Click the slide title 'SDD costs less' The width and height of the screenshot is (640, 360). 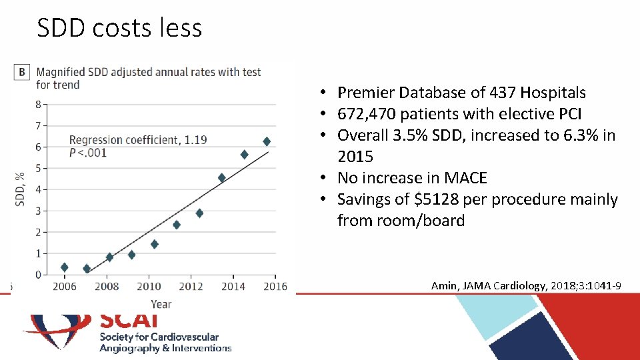point(119,28)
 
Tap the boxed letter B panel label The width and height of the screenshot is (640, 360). point(22,73)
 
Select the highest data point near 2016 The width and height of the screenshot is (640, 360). point(267,141)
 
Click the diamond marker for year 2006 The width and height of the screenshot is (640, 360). point(64,267)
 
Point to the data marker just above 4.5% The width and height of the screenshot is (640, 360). point(222,178)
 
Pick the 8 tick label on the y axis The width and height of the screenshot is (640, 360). point(39,104)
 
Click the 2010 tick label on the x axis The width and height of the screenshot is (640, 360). point(149,287)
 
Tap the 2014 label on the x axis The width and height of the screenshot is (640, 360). point(233,287)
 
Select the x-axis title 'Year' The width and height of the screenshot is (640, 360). point(161,304)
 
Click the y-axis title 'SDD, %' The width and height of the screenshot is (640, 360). point(21,189)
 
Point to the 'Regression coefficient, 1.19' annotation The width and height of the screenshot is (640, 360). point(138,140)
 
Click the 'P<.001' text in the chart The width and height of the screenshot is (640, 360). point(88,153)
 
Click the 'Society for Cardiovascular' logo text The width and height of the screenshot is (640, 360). point(159,337)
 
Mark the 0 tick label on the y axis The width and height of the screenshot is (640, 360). point(39,275)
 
